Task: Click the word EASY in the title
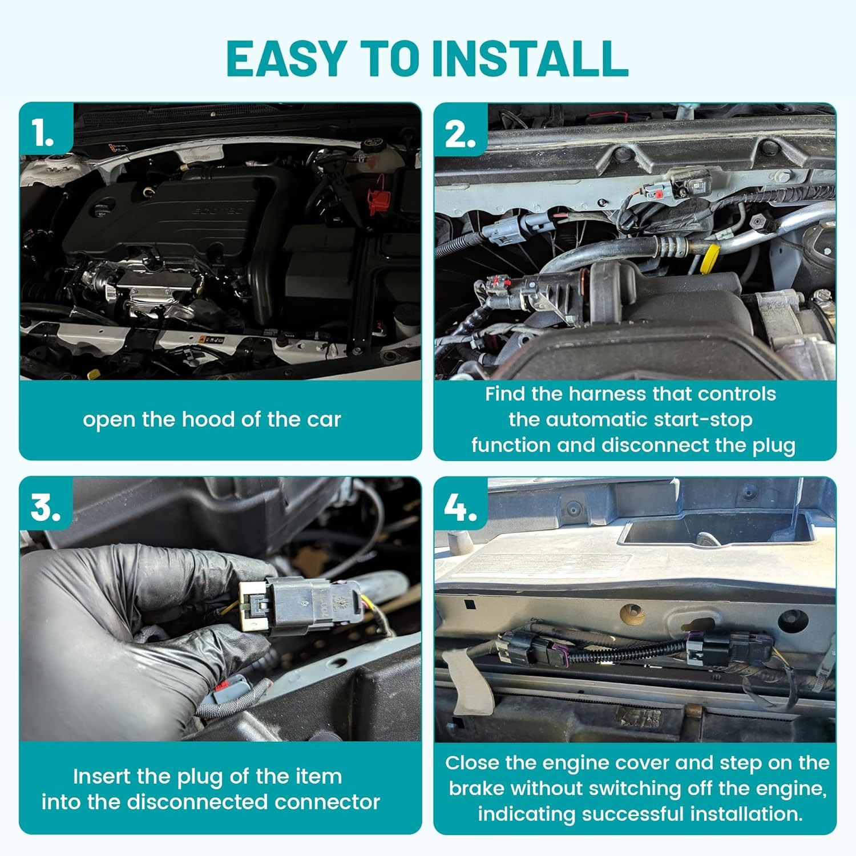286,58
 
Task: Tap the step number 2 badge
460,135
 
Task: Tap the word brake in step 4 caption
477,788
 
